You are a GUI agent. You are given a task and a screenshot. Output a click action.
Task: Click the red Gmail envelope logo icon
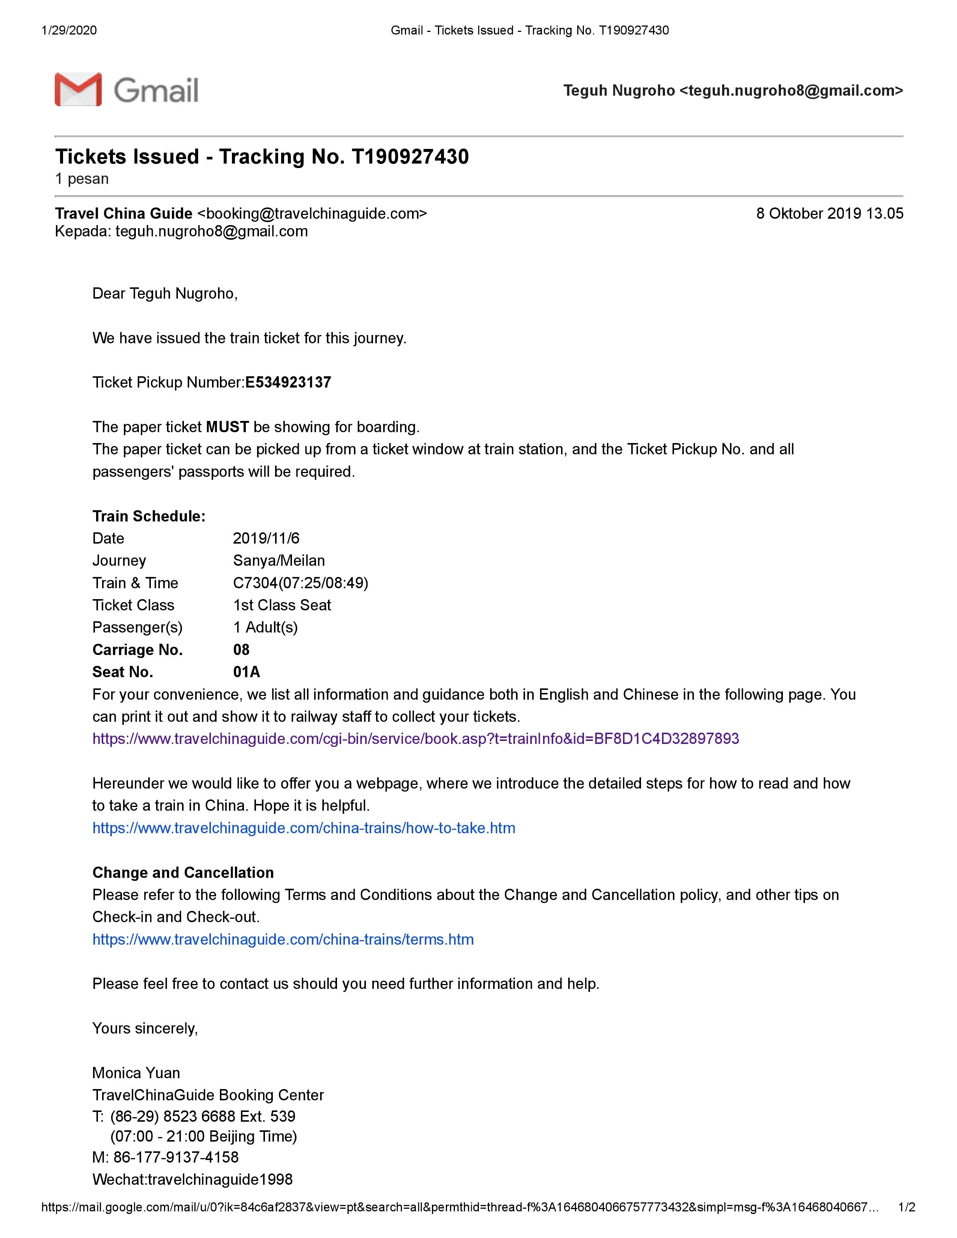78,90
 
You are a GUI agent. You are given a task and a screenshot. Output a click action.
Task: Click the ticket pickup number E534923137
288,383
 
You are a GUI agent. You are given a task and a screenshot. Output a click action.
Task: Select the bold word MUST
227,427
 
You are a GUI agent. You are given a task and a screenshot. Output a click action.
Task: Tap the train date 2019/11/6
266,538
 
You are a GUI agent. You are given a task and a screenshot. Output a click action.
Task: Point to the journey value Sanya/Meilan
279,560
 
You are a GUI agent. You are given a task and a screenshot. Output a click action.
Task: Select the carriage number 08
241,650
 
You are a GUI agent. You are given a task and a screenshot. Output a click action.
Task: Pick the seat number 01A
247,672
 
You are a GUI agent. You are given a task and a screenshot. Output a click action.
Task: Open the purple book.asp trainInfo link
415,739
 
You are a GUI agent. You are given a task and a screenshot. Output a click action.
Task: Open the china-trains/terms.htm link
283,939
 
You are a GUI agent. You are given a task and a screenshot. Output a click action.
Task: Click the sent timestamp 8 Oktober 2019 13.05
829,214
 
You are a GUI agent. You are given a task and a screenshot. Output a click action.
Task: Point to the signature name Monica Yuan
136,1073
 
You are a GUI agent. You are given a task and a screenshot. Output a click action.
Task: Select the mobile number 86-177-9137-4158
176,1157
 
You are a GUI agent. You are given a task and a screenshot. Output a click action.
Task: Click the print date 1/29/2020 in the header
69,30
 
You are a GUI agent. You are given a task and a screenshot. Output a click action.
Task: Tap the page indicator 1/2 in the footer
907,1207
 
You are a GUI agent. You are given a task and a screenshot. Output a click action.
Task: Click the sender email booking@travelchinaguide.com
312,214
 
